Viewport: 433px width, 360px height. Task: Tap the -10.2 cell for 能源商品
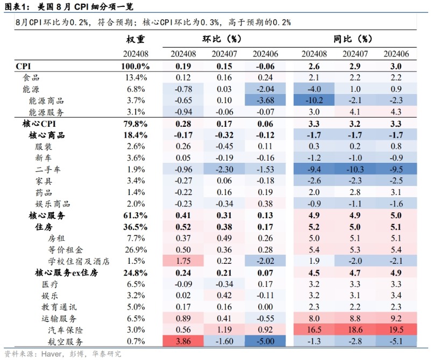314,100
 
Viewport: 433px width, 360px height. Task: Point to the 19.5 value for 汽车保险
396,329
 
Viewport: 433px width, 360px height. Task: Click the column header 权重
136,39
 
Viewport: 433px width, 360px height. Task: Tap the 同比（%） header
353,39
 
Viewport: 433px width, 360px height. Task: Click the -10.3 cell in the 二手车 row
355,169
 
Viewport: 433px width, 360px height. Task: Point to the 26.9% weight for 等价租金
136,250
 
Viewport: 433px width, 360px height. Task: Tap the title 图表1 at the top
15,6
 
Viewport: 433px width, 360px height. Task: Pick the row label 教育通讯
52,307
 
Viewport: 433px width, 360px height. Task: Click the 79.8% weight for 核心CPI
136,124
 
